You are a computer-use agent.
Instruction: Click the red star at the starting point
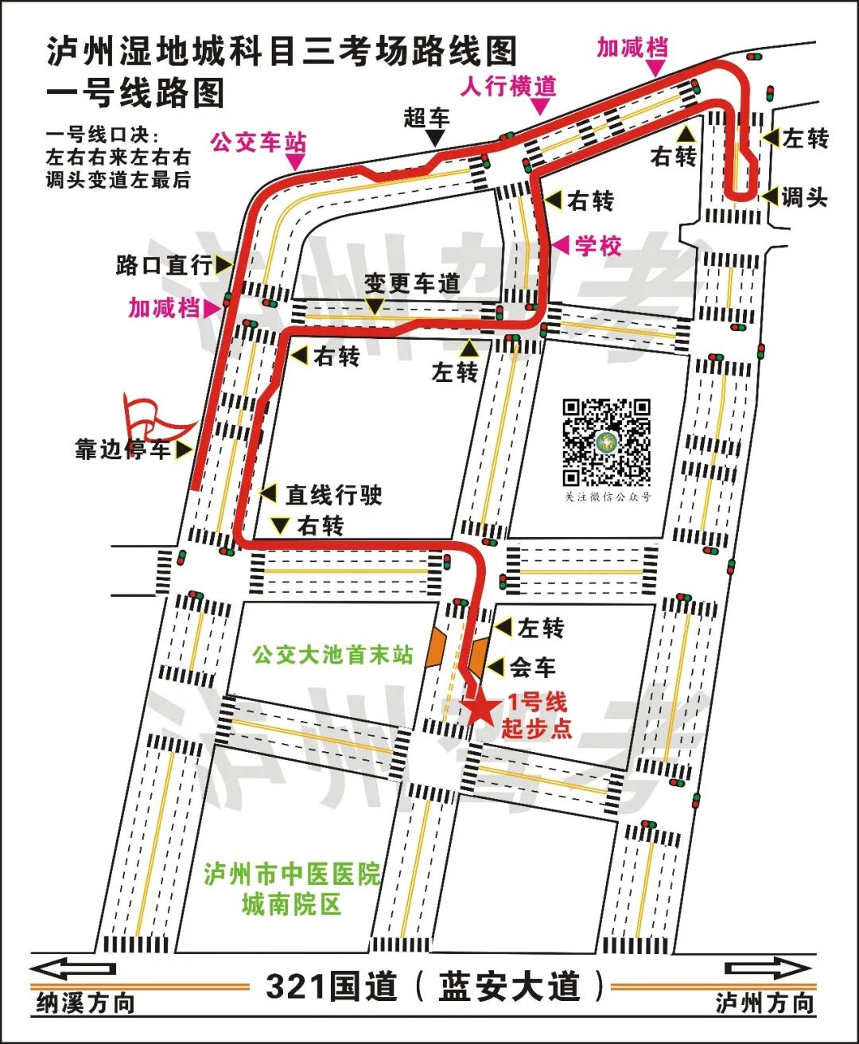480,708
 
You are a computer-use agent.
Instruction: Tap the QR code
607,442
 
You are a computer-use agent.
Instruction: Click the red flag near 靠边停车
151,415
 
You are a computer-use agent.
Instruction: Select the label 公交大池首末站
333,655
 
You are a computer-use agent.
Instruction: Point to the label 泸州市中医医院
292,875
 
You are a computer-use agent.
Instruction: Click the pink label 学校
598,246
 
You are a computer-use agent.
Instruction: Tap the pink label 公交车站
258,143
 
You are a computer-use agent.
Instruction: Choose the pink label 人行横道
508,86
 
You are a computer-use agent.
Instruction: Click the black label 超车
426,118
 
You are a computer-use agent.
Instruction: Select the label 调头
804,197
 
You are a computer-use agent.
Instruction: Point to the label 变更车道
412,282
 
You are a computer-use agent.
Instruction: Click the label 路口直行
165,265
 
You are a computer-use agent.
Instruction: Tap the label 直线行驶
334,495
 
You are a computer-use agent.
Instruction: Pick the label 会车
533,667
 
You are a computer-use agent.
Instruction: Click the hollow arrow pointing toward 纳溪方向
73,969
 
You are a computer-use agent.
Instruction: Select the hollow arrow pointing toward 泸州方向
767,969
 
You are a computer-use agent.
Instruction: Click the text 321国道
331,987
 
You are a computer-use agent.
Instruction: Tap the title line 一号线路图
135,93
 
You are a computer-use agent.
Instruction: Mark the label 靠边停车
123,450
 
